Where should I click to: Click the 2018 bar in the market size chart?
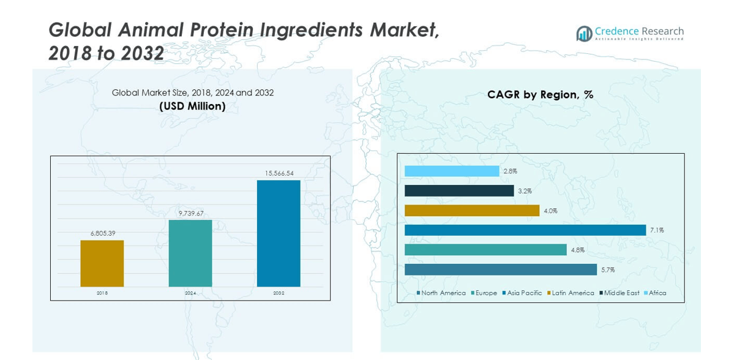102,263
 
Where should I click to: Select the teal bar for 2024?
190,253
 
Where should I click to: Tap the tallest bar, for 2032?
279,233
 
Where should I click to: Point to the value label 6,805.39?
102,233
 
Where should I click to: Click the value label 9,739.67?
190,213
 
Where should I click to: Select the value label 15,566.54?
279,173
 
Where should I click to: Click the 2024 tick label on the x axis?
190,293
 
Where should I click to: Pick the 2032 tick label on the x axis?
279,293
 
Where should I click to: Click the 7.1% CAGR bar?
525,230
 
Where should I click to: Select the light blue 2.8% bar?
452,171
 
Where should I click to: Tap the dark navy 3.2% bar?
459,191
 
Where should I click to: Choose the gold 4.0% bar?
472,211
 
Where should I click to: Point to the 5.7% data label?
608,269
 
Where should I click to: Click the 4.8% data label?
577,250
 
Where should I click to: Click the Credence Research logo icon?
584,33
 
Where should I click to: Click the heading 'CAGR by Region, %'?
540,95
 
